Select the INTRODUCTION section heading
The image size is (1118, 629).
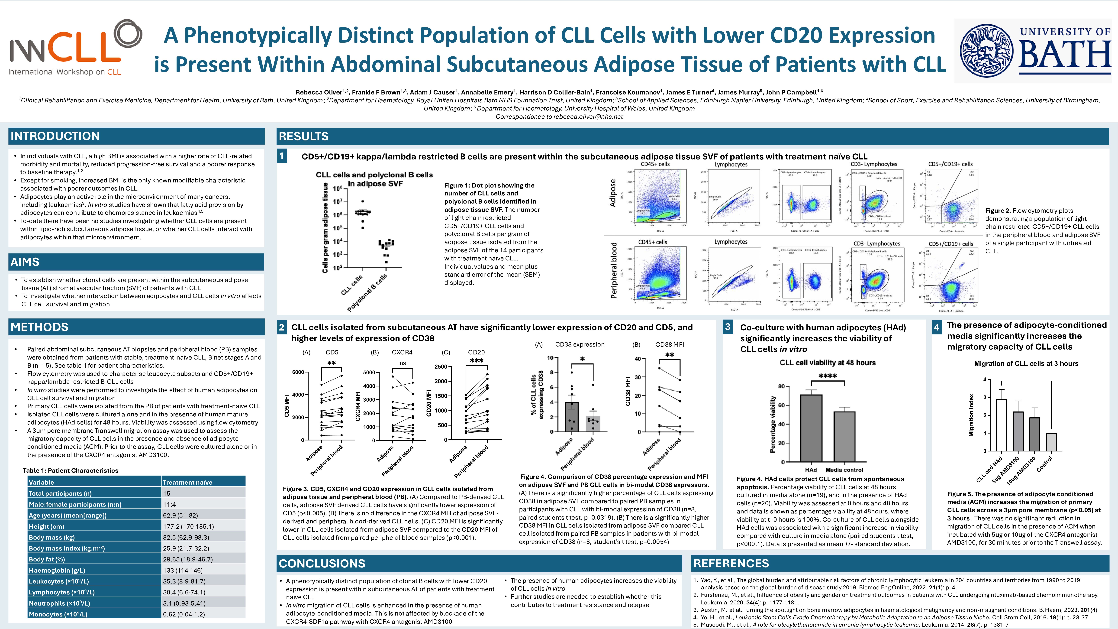pyautogui.click(x=55, y=136)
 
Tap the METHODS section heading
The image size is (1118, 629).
pyautogui.click(x=39, y=327)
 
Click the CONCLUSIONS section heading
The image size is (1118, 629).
pyautogui.click(x=322, y=563)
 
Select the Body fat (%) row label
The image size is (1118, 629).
pyautogui.click(x=47, y=559)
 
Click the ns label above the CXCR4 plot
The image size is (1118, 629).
pyautogui.click(x=403, y=363)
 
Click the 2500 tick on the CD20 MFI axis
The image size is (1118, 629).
pyautogui.click(x=441, y=367)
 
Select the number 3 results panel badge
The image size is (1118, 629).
pyautogui.click(x=728, y=327)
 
